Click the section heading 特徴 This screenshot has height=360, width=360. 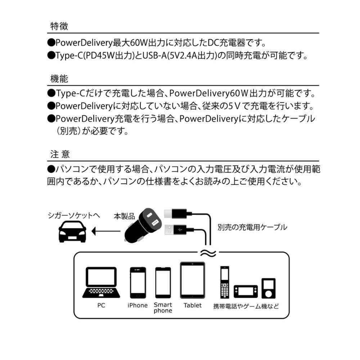coord(59,26)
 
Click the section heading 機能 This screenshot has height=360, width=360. coord(59,79)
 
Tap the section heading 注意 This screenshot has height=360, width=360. coord(60,154)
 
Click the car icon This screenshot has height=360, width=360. coord(72,231)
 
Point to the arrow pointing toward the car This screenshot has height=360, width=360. coord(106,231)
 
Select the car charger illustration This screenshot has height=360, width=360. coord(143,226)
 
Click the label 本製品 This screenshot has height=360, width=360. coord(125,216)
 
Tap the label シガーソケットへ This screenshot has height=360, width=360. coord(74,215)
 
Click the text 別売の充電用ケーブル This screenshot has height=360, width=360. coord(252,227)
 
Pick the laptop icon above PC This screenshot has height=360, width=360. coord(101,283)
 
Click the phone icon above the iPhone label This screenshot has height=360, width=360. coord(138,283)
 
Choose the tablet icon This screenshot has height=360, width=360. coord(192,280)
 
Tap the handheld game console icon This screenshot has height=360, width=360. coord(246,291)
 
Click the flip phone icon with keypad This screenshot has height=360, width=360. coord(225,282)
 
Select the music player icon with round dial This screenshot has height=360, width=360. coord(269,288)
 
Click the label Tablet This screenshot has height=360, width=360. coord(192,305)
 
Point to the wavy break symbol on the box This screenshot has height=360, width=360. coord(208,253)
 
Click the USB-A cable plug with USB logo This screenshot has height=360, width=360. coord(179,230)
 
